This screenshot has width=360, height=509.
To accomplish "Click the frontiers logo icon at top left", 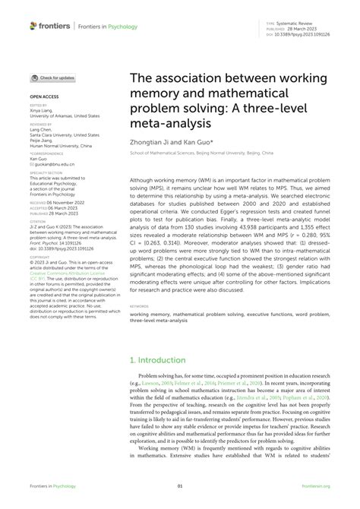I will coord(34,25).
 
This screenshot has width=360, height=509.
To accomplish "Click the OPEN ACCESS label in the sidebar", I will coord(44,97).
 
